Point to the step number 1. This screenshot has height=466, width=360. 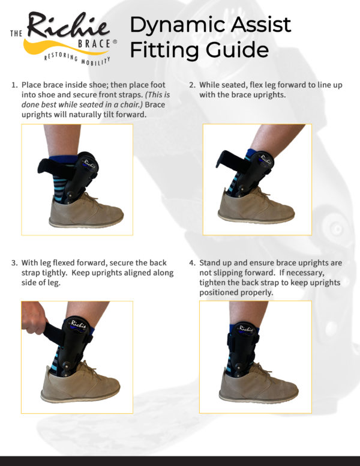13,85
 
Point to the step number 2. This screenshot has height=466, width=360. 192,85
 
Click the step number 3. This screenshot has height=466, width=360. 13,262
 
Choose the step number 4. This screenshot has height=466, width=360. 192,262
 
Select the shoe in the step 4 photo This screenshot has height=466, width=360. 258,387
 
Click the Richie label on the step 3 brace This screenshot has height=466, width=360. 80,324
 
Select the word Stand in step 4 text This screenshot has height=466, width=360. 211,262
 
